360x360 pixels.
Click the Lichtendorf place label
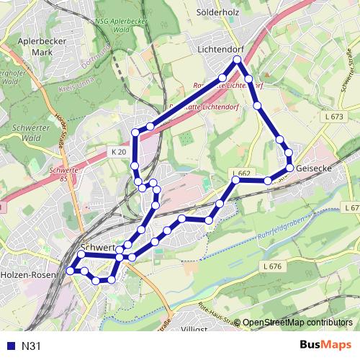[x=220, y=50]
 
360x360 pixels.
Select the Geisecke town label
[x=314, y=168]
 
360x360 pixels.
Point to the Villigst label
[x=194, y=328]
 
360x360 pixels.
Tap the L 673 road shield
[x=334, y=117]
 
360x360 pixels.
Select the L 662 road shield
[x=241, y=174]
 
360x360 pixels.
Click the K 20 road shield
[x=119, y=152]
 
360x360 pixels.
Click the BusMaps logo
[x=326, y=346]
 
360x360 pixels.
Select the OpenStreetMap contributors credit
[x=297, y=323]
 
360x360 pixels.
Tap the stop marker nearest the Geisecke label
[x=289, y=167]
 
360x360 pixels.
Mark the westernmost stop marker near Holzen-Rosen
[x=70, y=271]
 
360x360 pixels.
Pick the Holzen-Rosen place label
[x=24, y=275]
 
